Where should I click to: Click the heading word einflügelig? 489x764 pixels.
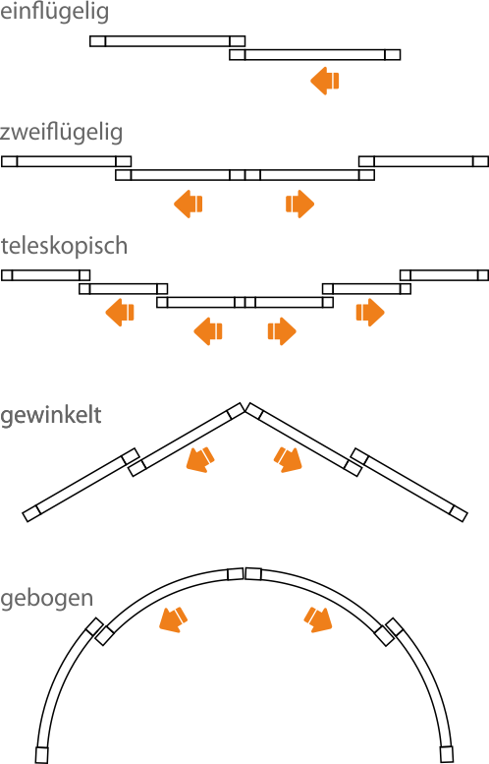point(54,12)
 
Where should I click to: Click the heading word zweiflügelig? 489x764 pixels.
point(61,133)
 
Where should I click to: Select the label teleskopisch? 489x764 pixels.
point(64,246)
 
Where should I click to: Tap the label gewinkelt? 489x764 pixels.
point(51,415)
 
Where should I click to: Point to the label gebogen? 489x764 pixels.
point(47,598)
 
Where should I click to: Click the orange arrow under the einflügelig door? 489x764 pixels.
point(325,81)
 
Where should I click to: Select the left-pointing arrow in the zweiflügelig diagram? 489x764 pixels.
point(189,204)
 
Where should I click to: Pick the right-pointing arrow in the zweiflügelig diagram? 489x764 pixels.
point(299,204)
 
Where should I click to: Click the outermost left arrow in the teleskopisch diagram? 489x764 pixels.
point(120,312)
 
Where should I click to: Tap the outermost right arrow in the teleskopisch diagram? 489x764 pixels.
point(370,312)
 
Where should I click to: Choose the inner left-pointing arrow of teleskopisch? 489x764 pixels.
point(208,331)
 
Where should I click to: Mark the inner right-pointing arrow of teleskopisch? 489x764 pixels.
point(282,331)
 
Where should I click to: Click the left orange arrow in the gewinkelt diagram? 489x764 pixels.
point(200,459)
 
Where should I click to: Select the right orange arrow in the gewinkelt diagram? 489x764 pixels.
point(288,459)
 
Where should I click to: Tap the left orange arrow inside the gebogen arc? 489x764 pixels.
point(173,619)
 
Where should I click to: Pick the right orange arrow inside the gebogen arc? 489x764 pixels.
point(318,619)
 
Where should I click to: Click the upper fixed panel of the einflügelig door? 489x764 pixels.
point(167,41)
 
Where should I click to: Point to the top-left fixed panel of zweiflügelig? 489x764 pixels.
point(66,161)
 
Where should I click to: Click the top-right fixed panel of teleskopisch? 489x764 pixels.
point(444,275)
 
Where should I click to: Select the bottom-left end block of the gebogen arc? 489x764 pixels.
point(42,754)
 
